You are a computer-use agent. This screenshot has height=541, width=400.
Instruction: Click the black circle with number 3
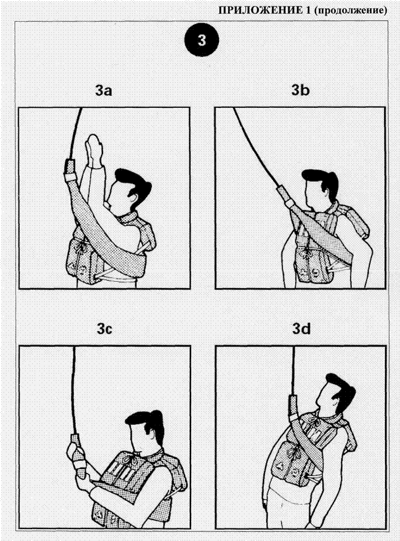(x=202, y=41)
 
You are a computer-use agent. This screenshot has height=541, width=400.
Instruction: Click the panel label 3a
(x=104, y=91)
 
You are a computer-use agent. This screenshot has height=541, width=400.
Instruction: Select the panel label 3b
(x=301, y=91)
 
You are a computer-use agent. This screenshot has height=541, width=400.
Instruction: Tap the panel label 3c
(x=104, y=329)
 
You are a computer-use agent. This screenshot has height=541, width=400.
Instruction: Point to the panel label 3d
(x=301, y=329)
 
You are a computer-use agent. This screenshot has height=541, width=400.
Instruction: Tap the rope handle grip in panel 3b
(x=285, y=195)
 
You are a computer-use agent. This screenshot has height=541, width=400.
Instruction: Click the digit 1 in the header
(x=308, y=11)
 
